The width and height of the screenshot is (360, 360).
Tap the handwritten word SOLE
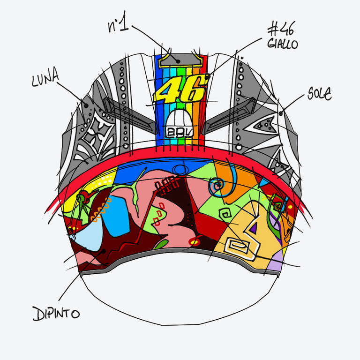(x=320, y=94)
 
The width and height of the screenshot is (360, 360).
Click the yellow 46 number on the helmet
(x=180, y=89)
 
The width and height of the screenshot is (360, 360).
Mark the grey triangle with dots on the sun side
(x=263, y=125)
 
